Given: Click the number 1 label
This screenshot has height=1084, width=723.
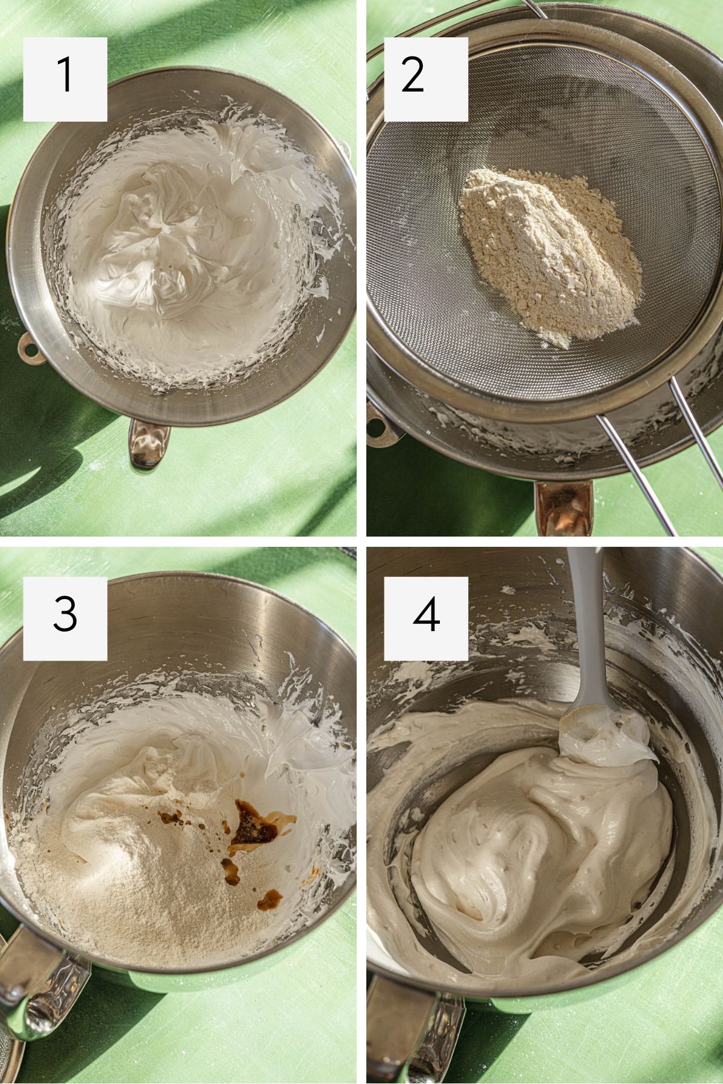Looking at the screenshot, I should (x=65, y=79).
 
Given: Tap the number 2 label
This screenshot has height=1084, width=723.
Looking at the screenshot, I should (x=426, y=79).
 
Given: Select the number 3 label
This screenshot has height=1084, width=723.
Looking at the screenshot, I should (x=65, y=618).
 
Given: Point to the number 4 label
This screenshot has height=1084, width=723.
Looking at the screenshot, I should (x=426, y=618).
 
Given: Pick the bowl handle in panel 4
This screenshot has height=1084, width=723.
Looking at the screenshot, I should (x=410, y=1036).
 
